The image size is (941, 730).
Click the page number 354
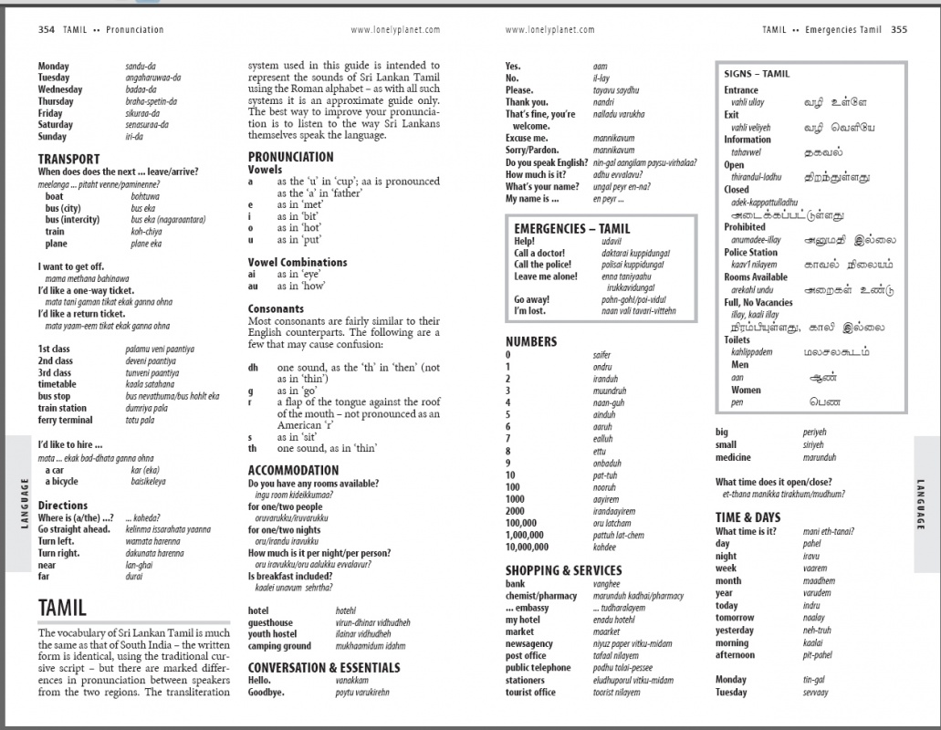pyautogui.click(x=47, y=29)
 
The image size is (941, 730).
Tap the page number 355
pyautogui.click(x=899, y=29)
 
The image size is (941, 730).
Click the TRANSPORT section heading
pyautogui.click(x=69, y=159)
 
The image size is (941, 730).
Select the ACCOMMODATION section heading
pyautogui.click(x=294, y=471)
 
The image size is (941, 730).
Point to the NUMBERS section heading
pyautogui.click(x=531, y=341)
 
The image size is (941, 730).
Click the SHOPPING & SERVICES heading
pyautogui.click(x=563, y=570)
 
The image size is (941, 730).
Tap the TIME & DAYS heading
pyautogui.click(x=748, y=517)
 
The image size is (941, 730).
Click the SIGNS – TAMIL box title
pyautogui.click(x=757, y=74)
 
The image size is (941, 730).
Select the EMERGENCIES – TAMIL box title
pyautogui.click(x=571, y=228)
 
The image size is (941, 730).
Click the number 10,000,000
pyautogui.click(x=528, y=547)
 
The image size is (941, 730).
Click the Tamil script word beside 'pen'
pyautogui.click(x=825, y=401)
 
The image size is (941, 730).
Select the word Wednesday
pyautogui.click(x=60, y=89)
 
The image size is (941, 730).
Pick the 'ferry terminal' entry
pyautogui.click(x=65, y=420)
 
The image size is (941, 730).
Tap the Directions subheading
pyautogui.click(x=63, y=506)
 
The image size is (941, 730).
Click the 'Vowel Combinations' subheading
pyautogui.click(x=298, y=262)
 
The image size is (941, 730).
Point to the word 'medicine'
pyautogui.click(x=734, y=457)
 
